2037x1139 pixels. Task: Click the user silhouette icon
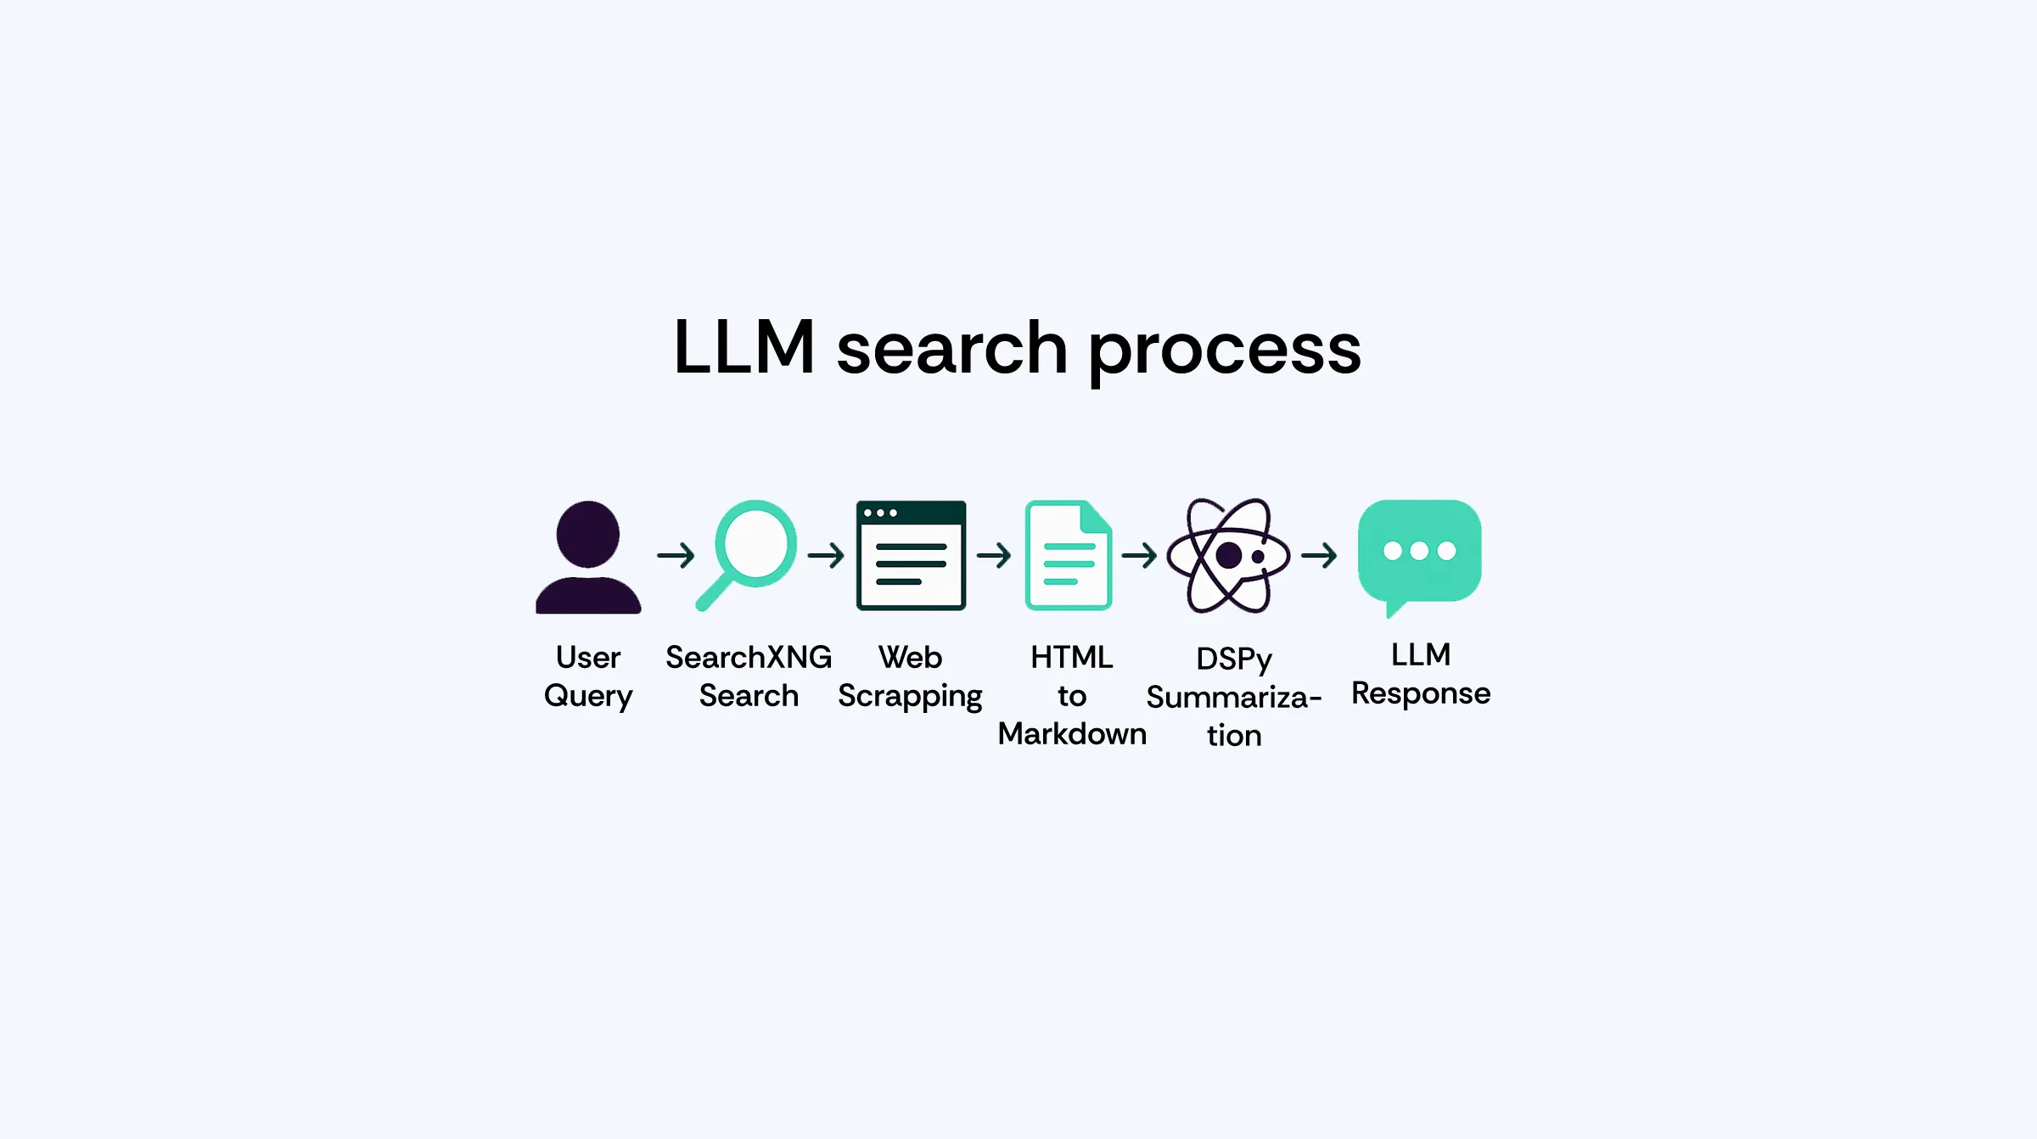(x=588, y=557)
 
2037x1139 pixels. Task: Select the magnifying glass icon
(x=748, y=553)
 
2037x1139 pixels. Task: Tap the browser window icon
(x=911, y=555)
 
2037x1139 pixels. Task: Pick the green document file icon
(x=1069, y=555)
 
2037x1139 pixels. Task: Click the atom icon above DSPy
(x=1228, y=556)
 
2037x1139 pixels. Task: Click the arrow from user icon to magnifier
(x=676, y=556)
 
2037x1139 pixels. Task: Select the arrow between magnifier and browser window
(x=826, y=556)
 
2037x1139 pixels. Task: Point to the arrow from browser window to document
(x=994, y=556)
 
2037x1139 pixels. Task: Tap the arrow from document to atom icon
(x=1139, y=556)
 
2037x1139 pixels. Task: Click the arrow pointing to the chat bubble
(x=1319, y=556)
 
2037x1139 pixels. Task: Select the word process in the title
(x=1225, y=350)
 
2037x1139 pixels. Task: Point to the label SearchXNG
(x=749, y=657)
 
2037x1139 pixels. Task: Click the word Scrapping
(x=910, y=697)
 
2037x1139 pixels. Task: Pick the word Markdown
(x=1072, y=734)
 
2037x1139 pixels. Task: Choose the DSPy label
(x=1234, y=659)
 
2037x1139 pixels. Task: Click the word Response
(x=1421, y=694)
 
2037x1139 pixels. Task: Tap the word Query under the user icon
(x=588, y=697)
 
